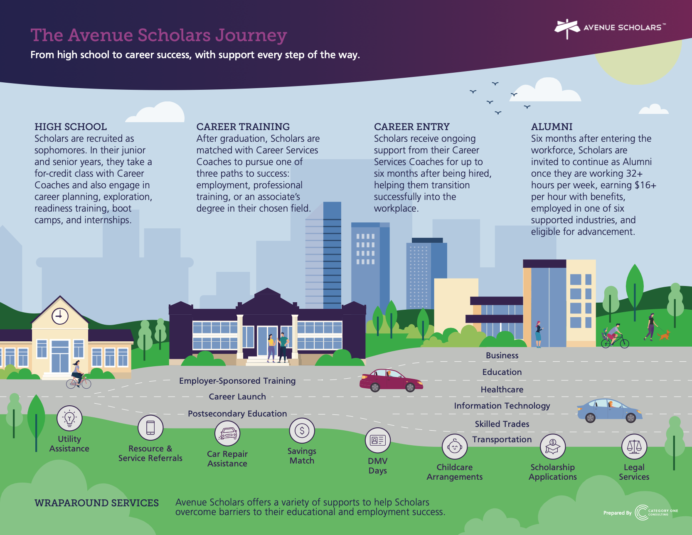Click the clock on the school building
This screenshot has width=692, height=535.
coord(60,316)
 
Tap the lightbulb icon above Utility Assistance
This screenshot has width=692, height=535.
coord(69,418)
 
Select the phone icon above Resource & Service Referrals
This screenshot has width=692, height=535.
coord(150,427)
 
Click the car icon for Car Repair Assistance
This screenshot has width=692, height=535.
coord(227,433)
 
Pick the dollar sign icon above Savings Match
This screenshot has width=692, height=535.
coord(302,431)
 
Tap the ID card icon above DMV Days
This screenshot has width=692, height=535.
coord(377,440)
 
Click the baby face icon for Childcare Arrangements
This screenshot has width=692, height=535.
coord(454,447)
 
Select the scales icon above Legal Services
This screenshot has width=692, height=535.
coord(634,446)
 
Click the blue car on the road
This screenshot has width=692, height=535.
coord(609,410)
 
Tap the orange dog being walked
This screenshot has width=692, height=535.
coord(664,335)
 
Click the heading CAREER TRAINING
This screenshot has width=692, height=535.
coord(243,127)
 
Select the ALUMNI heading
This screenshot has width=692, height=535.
coord(552,127)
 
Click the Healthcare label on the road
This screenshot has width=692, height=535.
coord(502,390)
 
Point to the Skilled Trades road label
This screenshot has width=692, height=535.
coord(502,424)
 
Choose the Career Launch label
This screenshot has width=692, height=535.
coord(237,397)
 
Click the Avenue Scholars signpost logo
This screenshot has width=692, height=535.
coord(567,28)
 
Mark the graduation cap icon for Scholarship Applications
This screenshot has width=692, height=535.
coord(552,447)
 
